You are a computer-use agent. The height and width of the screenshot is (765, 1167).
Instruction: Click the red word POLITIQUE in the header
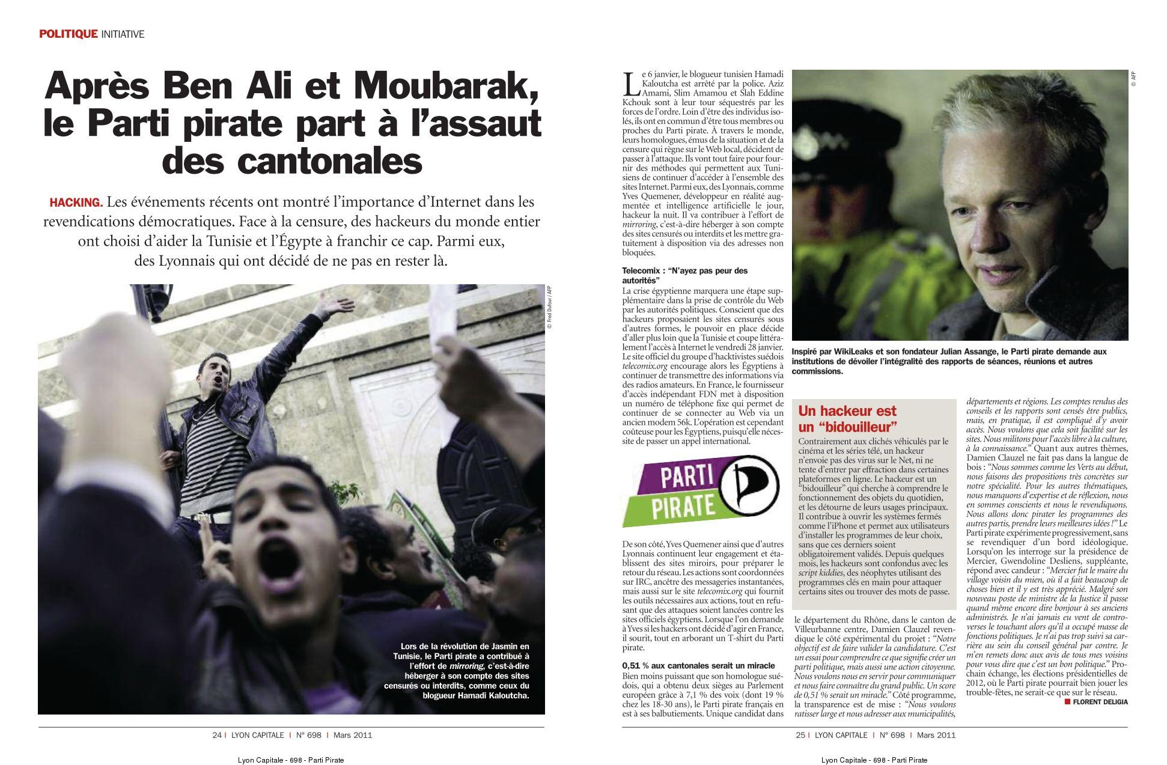coord(68,34)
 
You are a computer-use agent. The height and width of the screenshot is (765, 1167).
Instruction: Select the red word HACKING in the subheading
coord(76,202)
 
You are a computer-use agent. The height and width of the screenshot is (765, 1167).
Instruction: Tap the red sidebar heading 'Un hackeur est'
coord(847,411)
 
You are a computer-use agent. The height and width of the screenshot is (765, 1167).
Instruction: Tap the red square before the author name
coord(1067,701)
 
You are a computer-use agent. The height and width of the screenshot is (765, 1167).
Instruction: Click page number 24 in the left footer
coord(216,735)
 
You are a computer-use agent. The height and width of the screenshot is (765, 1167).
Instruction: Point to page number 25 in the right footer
coord(800,735)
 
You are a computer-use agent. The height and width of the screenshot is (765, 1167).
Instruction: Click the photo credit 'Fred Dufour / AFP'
coord(549,307)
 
